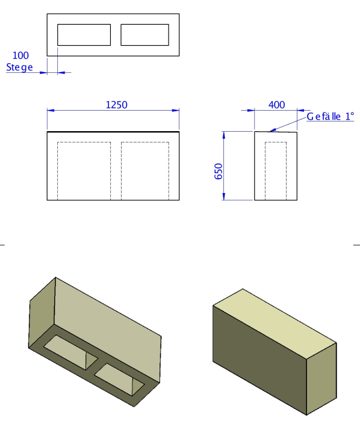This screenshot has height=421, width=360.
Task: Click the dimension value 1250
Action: [x=117, y=105]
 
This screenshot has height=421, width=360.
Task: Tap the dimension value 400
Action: [x=277, y=105]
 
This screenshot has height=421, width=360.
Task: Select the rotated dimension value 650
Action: [x=219, y=171]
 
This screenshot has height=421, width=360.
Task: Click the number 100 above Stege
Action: [x=20, y=55]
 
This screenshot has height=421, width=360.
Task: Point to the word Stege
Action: [x=19, y=67]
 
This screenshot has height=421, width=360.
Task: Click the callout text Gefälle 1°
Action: [x=330, y=117]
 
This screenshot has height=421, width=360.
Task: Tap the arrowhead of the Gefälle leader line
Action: [x=272, y=131]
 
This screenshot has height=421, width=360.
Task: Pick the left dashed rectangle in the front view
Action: [x=57, y=171]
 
